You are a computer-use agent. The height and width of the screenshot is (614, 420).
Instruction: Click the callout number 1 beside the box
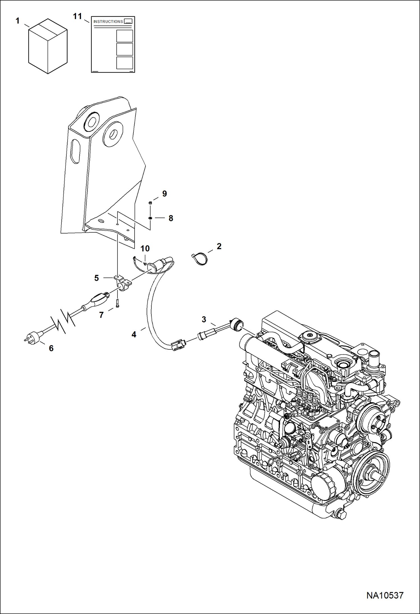point(17,21)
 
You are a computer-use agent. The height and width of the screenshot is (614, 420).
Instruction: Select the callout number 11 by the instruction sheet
point(77,16)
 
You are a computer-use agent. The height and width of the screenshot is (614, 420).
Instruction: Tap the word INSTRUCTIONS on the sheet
point(108,22)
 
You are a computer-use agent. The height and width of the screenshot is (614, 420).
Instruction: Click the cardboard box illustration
point(48,46)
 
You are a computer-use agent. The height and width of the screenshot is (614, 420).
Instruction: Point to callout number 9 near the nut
point(165,194)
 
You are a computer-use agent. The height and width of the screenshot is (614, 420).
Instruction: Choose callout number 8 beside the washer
point(171,218)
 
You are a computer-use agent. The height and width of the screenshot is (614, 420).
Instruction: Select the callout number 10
point(145,248)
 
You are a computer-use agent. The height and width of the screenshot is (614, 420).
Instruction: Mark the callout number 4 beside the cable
point(134,334)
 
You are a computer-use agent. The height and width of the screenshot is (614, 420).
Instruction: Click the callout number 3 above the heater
point(204,319)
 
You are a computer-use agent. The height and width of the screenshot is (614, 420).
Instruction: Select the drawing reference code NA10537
point(385,595)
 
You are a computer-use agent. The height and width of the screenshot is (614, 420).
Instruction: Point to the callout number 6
point(51,348)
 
